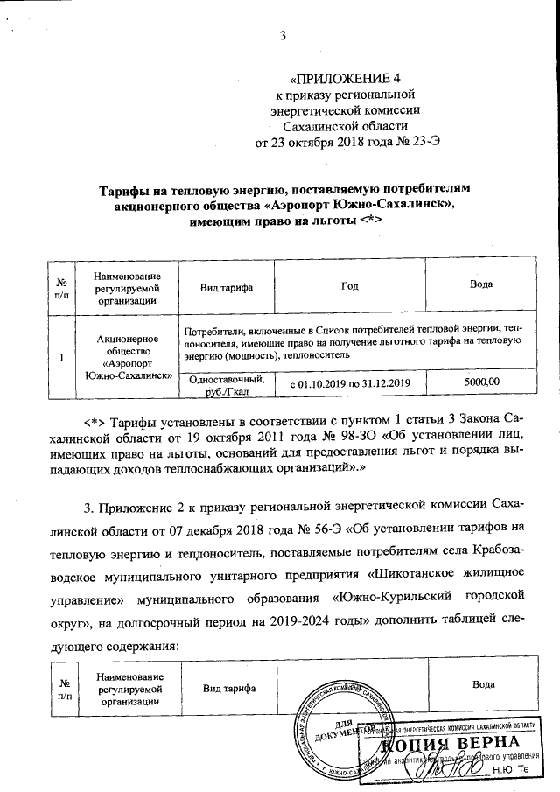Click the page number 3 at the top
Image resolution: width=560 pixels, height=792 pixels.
[x=283, y=36]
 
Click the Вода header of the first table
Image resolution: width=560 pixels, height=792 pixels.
[x=480, y=284]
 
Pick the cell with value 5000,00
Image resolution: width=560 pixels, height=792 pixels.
[x=480, y=382]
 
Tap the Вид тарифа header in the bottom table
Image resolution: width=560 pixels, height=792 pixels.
[x=227, y=689]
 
